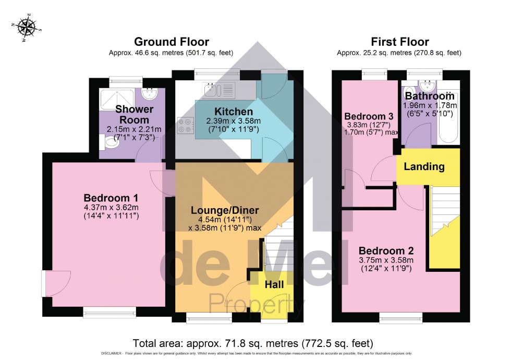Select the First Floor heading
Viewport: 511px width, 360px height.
tap(399, 42)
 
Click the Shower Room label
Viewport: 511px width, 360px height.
tap(134, 114)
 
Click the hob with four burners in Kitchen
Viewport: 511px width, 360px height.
tap(185, 126)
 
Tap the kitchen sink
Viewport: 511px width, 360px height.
tap(220, 91)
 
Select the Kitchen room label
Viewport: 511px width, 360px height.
tap(233, 112)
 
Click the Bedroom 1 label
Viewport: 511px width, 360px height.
tap(111, 198)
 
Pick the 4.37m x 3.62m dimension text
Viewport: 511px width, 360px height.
tap(111, 208)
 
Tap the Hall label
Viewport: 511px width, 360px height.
tap(274, 285)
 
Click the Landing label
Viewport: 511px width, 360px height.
tap(424, 167)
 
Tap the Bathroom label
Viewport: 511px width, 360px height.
tap(430, 97)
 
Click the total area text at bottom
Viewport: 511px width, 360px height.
tap(253, 343)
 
